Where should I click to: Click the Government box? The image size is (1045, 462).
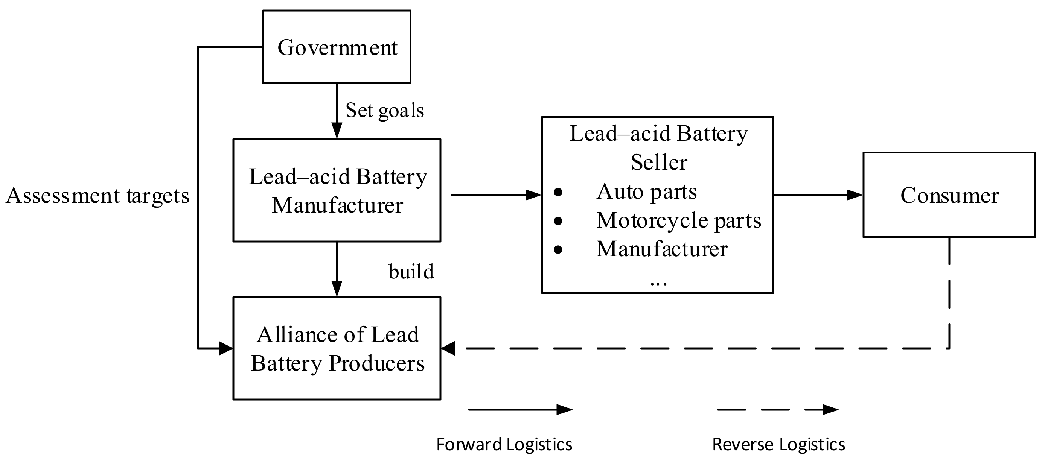[x=337, y=47]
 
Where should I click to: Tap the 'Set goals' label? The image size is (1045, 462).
[x=384, y=110]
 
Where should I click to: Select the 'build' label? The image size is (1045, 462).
[x=411, y=271]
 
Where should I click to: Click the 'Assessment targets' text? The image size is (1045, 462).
[x=98, y=195]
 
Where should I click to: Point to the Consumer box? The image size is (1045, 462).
[x=949, y=195]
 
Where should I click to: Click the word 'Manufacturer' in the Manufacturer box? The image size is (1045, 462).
[x=337, y=205]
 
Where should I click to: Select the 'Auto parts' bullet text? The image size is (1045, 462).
[x=646, y=191]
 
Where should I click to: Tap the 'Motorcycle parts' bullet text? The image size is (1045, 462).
[x=678, y=220]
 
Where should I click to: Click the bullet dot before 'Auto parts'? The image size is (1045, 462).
[x=558, y=192]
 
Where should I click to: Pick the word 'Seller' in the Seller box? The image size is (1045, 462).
[x=659, y=162]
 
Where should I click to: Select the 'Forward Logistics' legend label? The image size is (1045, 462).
[x=504, y=445]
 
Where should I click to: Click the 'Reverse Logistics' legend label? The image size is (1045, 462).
[x=778, y=445]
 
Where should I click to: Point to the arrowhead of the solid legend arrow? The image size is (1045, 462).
[x=565, y=410]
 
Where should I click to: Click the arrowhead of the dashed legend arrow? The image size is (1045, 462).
[x=831, y=410]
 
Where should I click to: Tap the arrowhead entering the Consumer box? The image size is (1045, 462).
[x=855, y=195]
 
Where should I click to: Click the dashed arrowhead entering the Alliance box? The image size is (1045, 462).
[x=448, y=348]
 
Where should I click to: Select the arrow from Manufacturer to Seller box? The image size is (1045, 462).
[x=495, y=195]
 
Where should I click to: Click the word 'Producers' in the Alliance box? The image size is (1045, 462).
[x=376, y=363]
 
